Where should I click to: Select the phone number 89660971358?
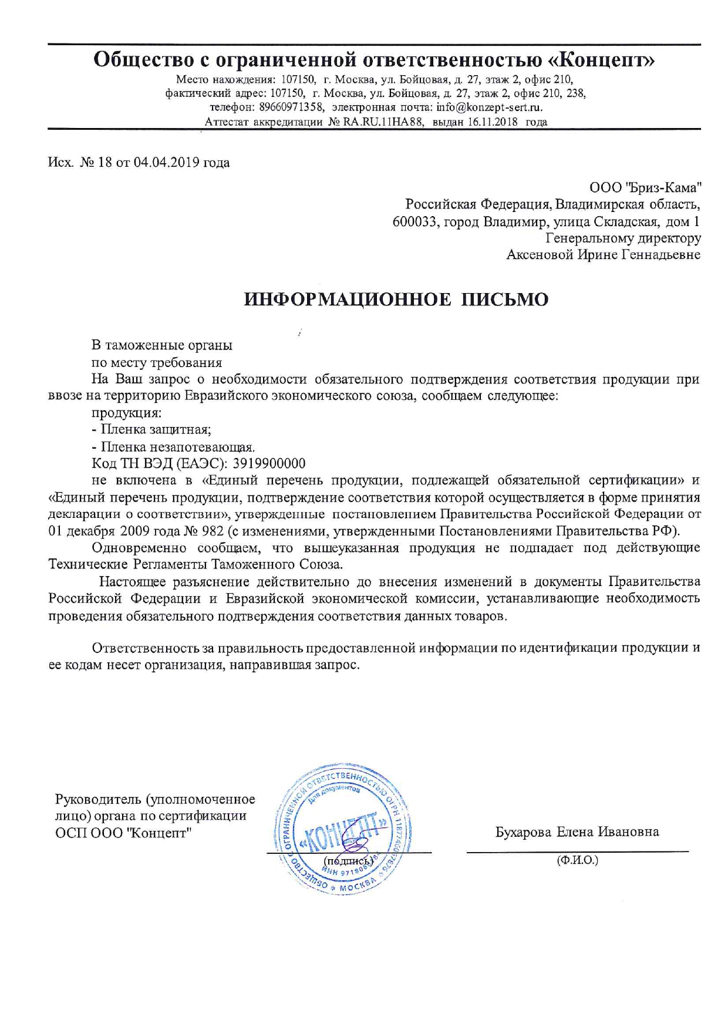click(291, 107)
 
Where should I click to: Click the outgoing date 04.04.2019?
click(167, 162)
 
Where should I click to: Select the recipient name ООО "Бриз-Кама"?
click(645, 188)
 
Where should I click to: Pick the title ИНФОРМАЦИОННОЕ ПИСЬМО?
click(397, 299)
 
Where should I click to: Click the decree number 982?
click(211, 531)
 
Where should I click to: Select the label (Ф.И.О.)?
click(577, 860)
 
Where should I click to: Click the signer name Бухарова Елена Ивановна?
click(577, 832)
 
